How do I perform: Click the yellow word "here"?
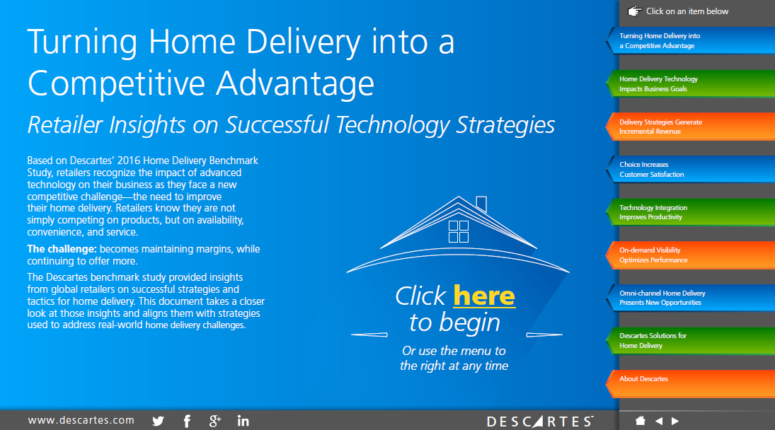[x=484, y=296]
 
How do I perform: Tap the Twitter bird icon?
[x=158, y=421]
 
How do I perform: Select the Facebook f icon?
[x=187, y=421]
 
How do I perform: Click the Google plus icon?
[x=214, y=421]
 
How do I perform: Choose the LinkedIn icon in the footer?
[x=243, y=421]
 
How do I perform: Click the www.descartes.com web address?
[x=81, y=420]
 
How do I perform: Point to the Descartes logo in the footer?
[x=540, y=421]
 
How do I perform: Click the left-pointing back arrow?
[x=659, y=421]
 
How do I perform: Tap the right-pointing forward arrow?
[x=674, y=421]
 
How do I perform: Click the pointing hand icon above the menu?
[x=635, y=11]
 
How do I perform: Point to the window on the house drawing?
[x=458, y=231]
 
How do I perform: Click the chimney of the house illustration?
[x=481, y=204]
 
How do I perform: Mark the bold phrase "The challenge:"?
[x=62, y=249]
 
